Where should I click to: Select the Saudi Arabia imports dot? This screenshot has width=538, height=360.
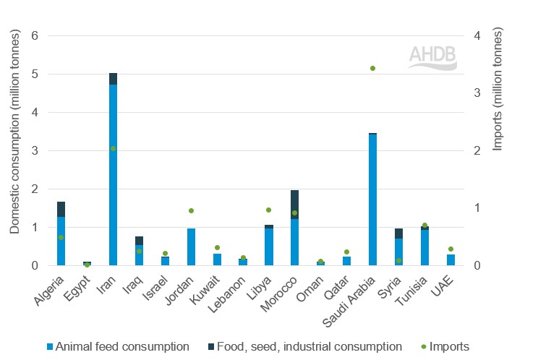[x=372, y=68]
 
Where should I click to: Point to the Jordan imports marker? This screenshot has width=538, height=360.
[x=191, y=210]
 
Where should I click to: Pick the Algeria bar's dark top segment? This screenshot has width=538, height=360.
[x=61, y=209]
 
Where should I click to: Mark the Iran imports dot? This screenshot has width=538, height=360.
[x=113, y=148]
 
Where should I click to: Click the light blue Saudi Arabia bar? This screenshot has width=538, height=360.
[x=372, y=202]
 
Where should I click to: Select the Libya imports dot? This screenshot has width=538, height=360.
[x=268, y=210]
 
